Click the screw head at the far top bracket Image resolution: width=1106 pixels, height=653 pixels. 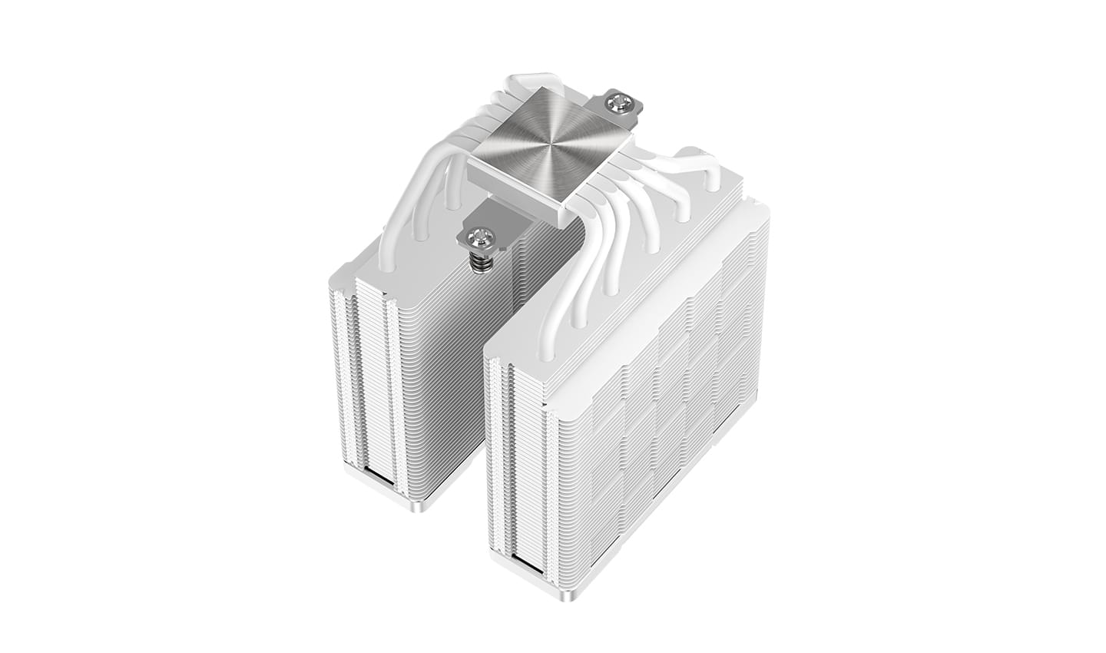[x=616, y=100]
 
